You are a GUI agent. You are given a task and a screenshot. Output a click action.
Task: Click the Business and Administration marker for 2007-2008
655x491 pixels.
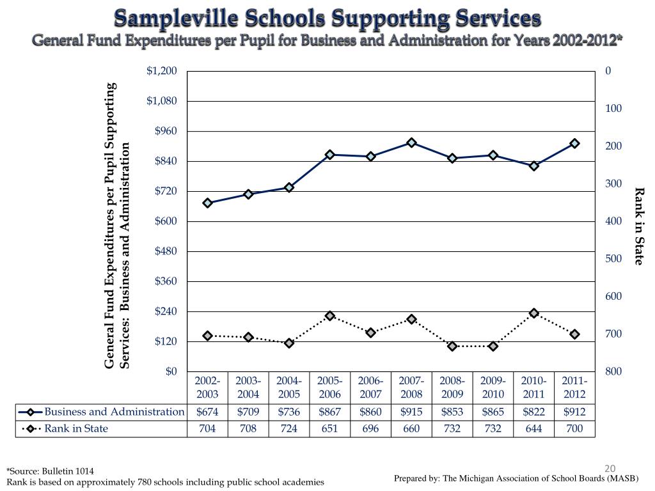tap(411, 143)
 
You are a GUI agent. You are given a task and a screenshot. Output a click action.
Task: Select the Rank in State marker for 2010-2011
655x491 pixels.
tap(534, 313)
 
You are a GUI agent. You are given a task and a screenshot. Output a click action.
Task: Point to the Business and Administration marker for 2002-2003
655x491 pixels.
tap(208, 203)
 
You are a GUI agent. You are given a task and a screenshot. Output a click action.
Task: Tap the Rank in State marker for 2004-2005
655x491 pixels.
tap(289, 343)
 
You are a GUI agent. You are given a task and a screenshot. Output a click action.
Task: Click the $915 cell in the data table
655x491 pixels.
tap(411, 412)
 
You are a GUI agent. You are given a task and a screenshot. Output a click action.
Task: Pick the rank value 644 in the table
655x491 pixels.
tap(534, 429)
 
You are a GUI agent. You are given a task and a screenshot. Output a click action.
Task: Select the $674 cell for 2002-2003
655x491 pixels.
tap(208, 412)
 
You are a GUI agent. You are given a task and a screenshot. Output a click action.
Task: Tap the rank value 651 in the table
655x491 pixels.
tap(329, 429)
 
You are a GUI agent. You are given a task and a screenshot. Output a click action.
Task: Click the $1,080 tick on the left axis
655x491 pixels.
tap(162, 101)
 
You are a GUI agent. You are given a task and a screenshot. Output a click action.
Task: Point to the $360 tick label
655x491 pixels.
tap(166, 281)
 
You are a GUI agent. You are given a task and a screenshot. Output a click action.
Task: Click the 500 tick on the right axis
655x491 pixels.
tap(613, 259)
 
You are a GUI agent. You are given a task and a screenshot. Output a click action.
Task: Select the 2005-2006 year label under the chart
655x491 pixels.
tap(329, 387)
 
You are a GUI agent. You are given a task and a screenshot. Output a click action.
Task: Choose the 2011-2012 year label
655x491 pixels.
tap(574, 387)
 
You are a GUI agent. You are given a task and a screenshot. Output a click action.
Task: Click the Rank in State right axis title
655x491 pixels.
tap(639, 226)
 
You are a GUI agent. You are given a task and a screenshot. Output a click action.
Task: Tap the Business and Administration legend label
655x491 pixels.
tap(114, 412)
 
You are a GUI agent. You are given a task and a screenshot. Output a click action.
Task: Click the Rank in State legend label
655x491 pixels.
tap(76, 429)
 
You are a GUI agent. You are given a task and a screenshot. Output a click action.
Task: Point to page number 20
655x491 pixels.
tap(610, 469)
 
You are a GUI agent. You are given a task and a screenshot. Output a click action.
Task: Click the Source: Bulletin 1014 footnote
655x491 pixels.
tap(50, 471)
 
